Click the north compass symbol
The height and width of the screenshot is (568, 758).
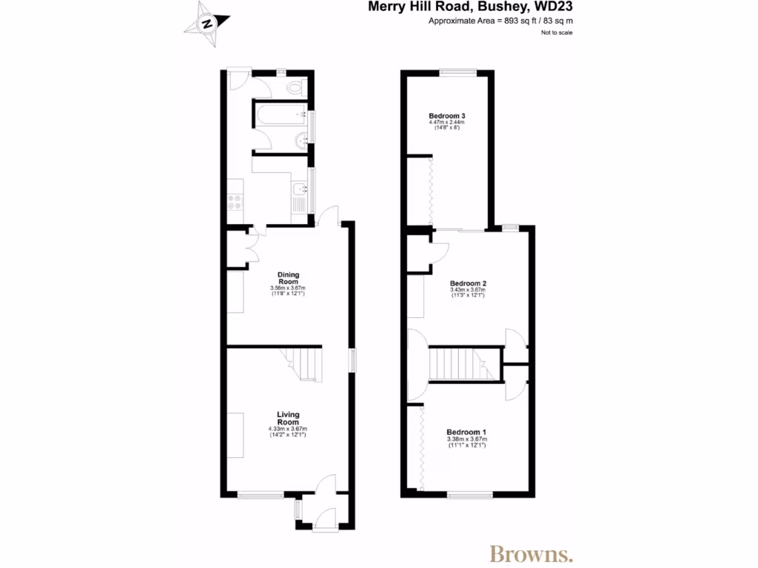pyautogui.click(x=207, y=22)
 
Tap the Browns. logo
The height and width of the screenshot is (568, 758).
pyautogui.click(x=531, y=553)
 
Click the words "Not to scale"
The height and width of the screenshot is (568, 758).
pyautogui.click(x=556, y=33)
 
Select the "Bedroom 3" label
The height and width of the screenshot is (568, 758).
pyautogui.click(x=447, y=117)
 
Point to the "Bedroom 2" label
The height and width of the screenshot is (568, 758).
pyautogui.click(x=468, y=283)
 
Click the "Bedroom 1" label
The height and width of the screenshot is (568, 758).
pyautogui.click(x=466, y=432)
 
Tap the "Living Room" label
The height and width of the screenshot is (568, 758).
pyautogui.click(x=288, y=418)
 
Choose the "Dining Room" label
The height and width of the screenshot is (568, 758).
pyautogui.click(x=288, y=277)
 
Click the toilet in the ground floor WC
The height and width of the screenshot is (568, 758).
pyautogui.click(x=295, y=88)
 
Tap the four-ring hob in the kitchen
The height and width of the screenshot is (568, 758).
pyautogui.click(x=235, y=202)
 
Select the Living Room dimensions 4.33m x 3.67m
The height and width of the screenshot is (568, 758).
pyautogui.click(x=288, y=429)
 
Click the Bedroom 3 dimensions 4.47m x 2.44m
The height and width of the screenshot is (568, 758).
pyautogui.click(x=447, y=123)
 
